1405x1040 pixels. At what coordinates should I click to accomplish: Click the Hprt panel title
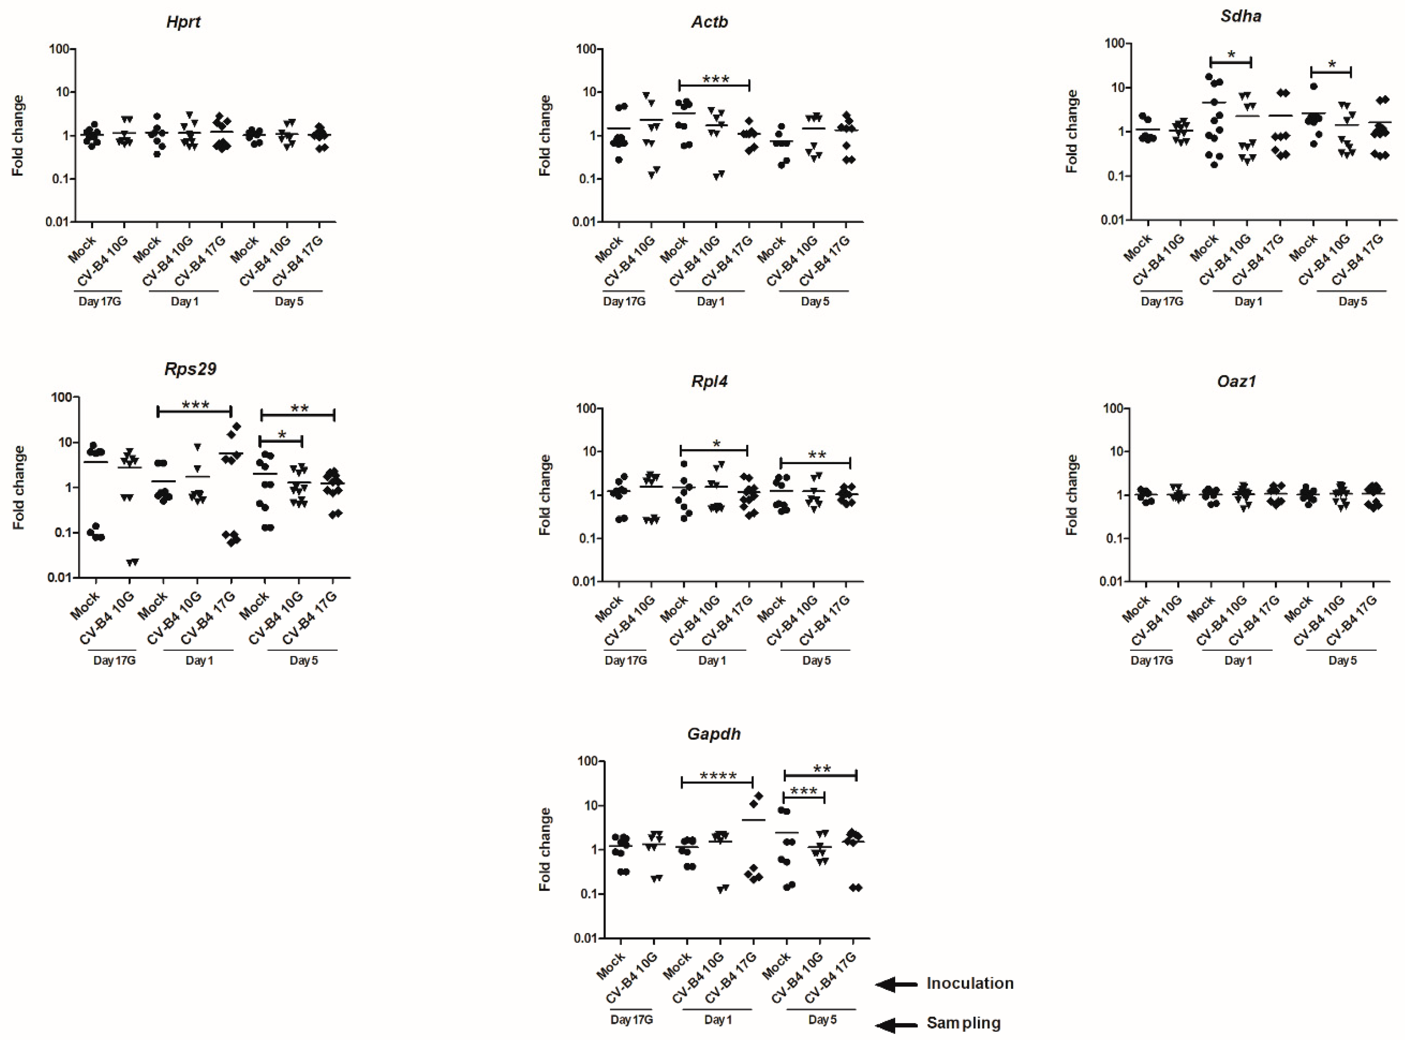point(183,22)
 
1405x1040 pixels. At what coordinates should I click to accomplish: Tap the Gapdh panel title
point(714,734)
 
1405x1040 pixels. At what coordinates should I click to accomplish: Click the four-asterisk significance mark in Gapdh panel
point(717,776)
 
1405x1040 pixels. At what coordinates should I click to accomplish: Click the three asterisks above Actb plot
point(715,80)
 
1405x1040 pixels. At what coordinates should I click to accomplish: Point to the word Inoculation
point(970,983)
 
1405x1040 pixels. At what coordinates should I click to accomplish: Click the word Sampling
point(963,1023)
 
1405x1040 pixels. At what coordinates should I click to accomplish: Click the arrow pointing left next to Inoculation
point(896,985)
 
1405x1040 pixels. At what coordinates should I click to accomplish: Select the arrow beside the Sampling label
point(896,1025)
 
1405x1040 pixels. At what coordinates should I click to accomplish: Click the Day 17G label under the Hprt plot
point(100,302)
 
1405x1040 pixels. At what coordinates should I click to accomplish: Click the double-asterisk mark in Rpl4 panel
point(817,455)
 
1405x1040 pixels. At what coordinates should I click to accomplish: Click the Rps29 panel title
point(190,369)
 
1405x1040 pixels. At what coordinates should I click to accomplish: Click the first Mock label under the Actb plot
point(609,250)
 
